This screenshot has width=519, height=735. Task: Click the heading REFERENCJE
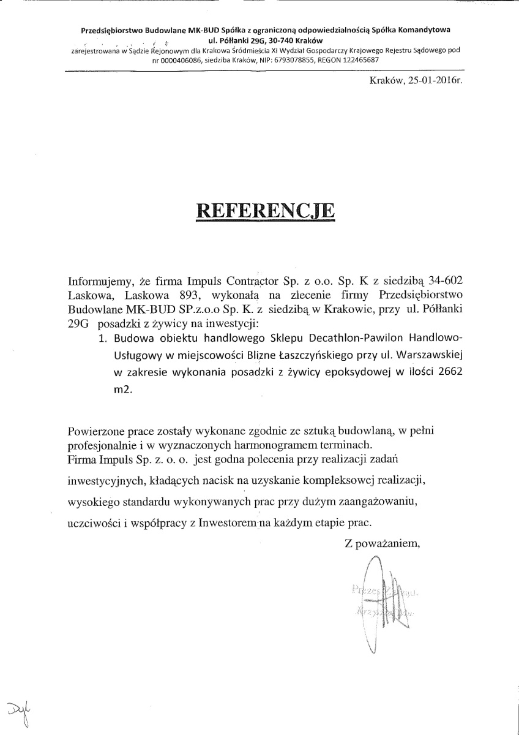pos(265,210)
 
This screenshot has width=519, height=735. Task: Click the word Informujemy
pos(100,281)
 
